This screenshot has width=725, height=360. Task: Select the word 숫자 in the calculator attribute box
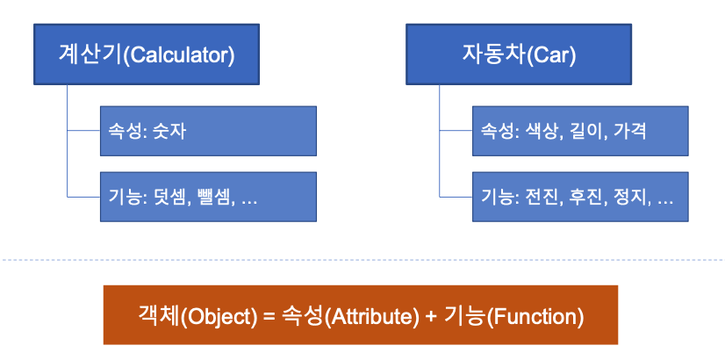click(x=171, y=131)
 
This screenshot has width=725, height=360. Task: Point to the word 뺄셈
click(x=213, y=197)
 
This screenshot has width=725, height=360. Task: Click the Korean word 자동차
click(x=493, y=55)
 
